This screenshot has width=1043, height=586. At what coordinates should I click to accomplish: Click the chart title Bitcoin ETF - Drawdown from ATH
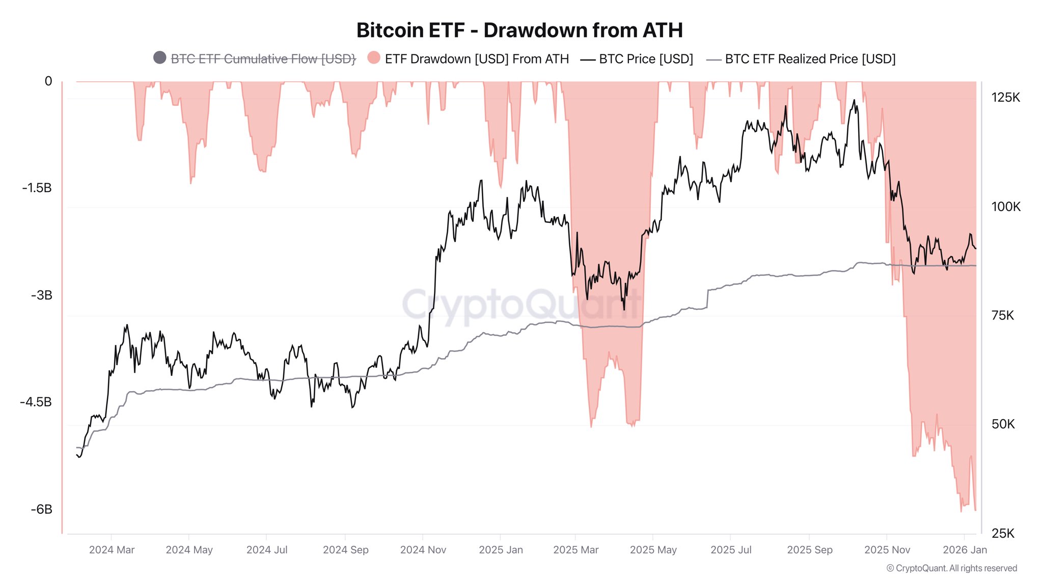(519, 31)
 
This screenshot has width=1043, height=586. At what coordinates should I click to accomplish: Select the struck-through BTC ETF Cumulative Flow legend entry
(263, 59)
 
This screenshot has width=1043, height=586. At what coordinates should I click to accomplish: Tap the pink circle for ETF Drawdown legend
(374, 58)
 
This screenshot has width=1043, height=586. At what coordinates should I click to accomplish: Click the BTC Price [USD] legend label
(646, 59)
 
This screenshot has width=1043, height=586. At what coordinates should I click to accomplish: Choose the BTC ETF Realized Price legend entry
(810, 59)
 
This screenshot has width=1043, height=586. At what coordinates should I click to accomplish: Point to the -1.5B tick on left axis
(37, 188)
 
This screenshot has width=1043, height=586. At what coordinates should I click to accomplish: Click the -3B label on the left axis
(42, 296)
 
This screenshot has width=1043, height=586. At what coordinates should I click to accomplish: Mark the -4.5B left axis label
(36, 402)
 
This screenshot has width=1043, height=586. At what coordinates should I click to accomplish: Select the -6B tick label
(42, 510)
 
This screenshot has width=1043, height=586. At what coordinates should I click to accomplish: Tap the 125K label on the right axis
(1005, 98)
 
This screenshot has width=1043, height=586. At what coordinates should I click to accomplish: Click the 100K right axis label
(1005, 207)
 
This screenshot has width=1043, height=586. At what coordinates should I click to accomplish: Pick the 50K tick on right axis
(1003, 424)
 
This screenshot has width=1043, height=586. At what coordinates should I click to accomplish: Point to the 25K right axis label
(1003, 533)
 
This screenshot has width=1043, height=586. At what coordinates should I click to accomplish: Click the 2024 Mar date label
(112, 550)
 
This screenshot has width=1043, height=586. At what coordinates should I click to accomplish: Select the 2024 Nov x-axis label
(423, 550)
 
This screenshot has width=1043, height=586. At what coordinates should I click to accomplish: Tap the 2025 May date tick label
(653, 550)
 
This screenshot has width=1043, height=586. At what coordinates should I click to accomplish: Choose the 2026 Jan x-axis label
(965, 550)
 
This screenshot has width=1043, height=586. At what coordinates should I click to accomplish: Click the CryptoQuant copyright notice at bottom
(951, 568)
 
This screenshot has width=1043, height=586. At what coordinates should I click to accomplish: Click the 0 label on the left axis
(48, 81)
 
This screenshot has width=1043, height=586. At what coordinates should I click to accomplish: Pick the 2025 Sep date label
(809, 550)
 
